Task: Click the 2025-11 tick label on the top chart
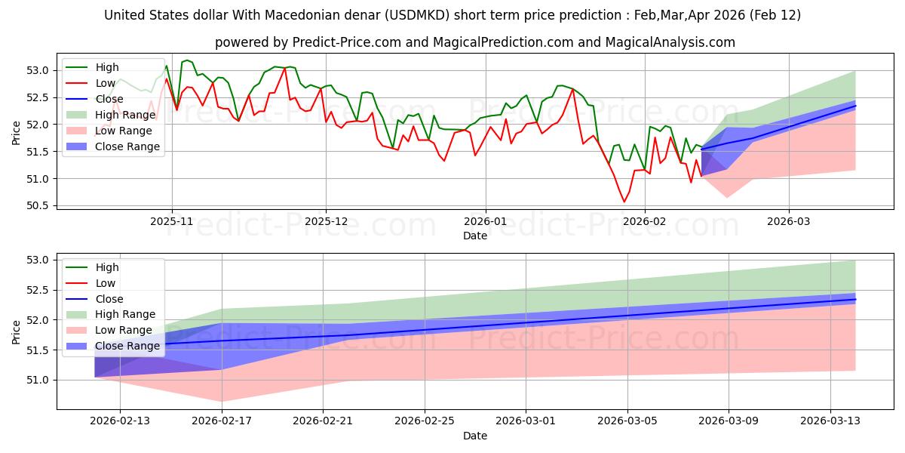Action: (x=172, y=222)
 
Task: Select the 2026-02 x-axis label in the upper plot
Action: (x=646, y=222)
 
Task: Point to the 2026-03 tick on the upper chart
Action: (x=789, y=222)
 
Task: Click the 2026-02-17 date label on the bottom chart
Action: (x=222, y=420)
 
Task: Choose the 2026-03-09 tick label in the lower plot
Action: (x=729, y=420)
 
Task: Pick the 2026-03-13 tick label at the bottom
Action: (x=830, y=420)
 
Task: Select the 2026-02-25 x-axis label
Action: (x=425, y=420)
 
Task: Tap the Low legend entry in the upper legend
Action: (x=106, y=83)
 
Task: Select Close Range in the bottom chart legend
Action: (x=127, y=346)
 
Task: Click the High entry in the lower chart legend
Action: (x=107, y=267)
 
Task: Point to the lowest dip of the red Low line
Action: (x=624, y=202)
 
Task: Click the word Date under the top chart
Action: (x=475, y=236)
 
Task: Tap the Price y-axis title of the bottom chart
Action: (x=16, y=331)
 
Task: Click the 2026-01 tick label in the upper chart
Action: (x=485, y=222)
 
